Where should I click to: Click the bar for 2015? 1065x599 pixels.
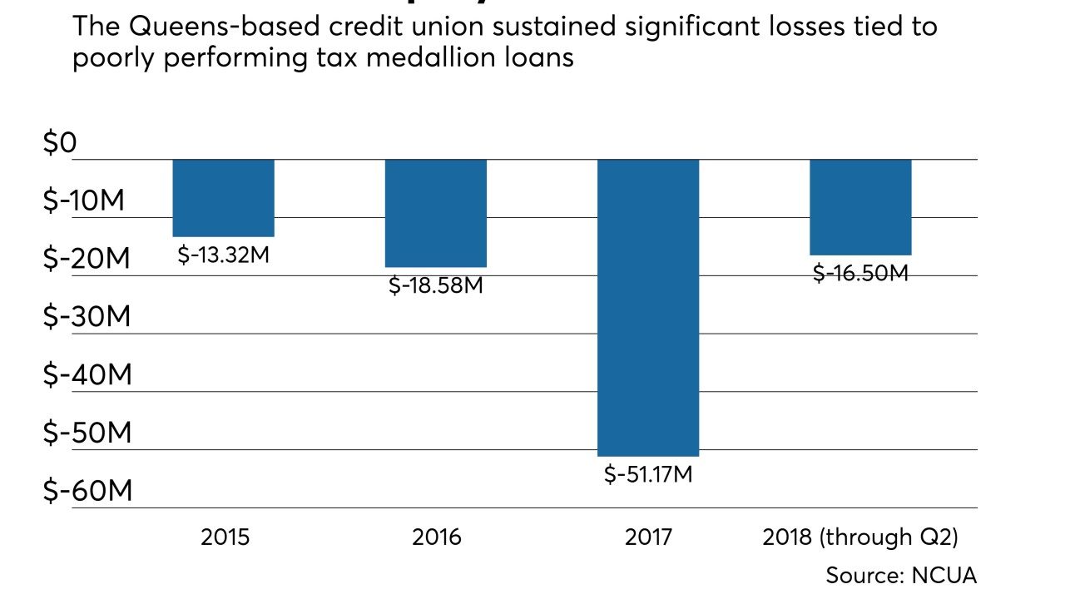[224, 198]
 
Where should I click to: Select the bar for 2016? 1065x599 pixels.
[436, 213]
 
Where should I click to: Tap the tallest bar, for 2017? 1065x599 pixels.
[648, 308]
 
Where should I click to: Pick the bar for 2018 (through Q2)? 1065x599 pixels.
[860, 207]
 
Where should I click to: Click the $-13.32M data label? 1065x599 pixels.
[224, 255]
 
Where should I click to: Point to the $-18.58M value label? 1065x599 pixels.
[436, 285]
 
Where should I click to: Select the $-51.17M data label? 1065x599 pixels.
[648, 476]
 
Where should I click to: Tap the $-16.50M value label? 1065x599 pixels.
[860, 273]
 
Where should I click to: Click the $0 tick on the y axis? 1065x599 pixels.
[60, 144]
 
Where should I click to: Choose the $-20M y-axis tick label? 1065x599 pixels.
[87, 260]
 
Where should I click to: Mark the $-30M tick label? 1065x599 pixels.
[87, 318]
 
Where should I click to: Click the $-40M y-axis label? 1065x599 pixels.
[87, 376]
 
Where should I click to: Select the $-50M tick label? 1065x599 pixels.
[87, 433]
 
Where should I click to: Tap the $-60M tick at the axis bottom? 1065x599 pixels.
[87, 492]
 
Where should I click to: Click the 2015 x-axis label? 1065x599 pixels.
[225, 537]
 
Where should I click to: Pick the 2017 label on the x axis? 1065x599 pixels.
[648, 537]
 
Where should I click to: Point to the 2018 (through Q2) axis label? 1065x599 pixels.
[860, 537]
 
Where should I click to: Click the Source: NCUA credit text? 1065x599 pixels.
[900, 575]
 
